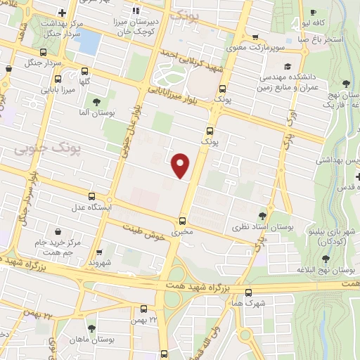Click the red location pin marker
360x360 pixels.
click(x=181, y=165)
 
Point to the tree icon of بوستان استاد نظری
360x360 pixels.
click(x=262, y=216)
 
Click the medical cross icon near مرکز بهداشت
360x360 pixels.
click(x=63, y=13)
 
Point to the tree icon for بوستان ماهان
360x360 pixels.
click(x=91, y=328)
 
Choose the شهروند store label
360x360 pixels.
click(x=102, y=261)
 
